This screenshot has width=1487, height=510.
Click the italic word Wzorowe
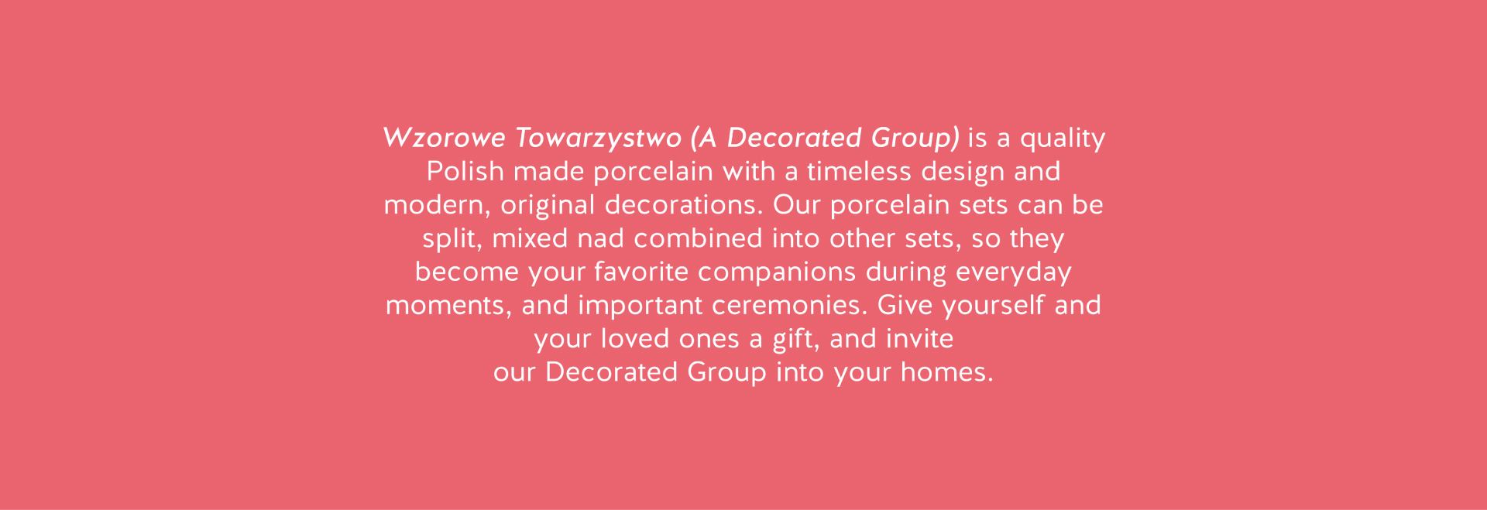coord(444,138)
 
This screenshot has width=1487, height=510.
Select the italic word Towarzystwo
coord(598,139)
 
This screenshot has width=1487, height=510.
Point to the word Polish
coord(465,171)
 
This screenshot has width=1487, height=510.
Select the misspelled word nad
coord(601,238)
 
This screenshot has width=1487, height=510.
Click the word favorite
coord(641,272)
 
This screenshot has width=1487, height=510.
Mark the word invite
coord(919,338)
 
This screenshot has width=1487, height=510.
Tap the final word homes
coord(946,372)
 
